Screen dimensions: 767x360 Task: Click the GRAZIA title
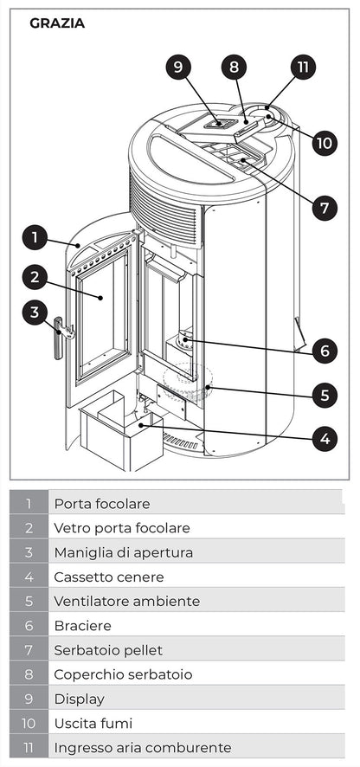[x=57, y=23]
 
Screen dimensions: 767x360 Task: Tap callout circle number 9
[x=177, y=68]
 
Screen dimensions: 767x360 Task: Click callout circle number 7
[x=324, y=208]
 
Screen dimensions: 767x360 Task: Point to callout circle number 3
[x=33, y=312]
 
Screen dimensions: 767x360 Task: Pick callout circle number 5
[x=324, y=396]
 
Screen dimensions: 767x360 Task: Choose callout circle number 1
[x=33, y=236]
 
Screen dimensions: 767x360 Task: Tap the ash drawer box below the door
[x=121, y=433]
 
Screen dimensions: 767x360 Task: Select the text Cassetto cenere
[x=108, y=577]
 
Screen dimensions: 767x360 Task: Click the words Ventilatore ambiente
[x=126, y=601]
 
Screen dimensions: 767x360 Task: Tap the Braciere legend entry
[x=82, y=625]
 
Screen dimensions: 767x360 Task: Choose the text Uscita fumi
[x=93, y=723]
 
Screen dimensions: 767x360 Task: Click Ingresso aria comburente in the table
[x=142, y=747]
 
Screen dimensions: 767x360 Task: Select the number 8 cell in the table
[x=29, y=674]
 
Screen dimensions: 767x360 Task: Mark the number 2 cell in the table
[x=29, y=527]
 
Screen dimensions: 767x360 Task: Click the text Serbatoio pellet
[x=107, y=649]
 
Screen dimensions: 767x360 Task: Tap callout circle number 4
[x=324, y=439]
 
